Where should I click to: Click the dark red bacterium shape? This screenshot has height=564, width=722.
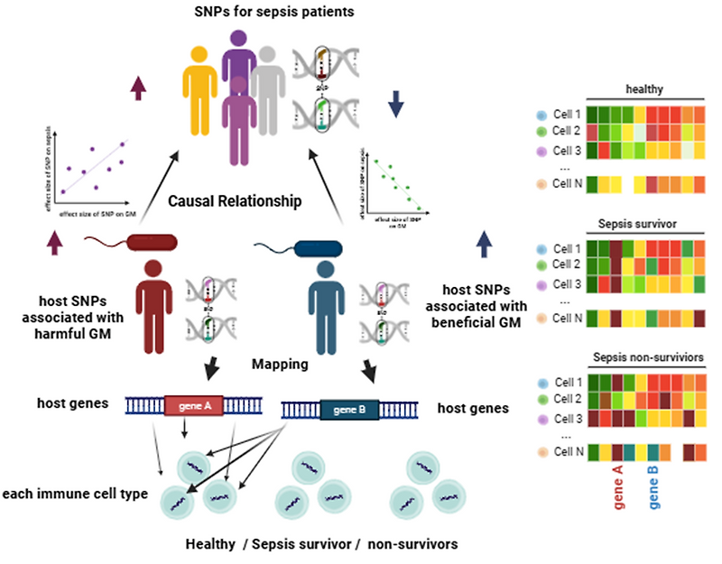pos(149,242)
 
